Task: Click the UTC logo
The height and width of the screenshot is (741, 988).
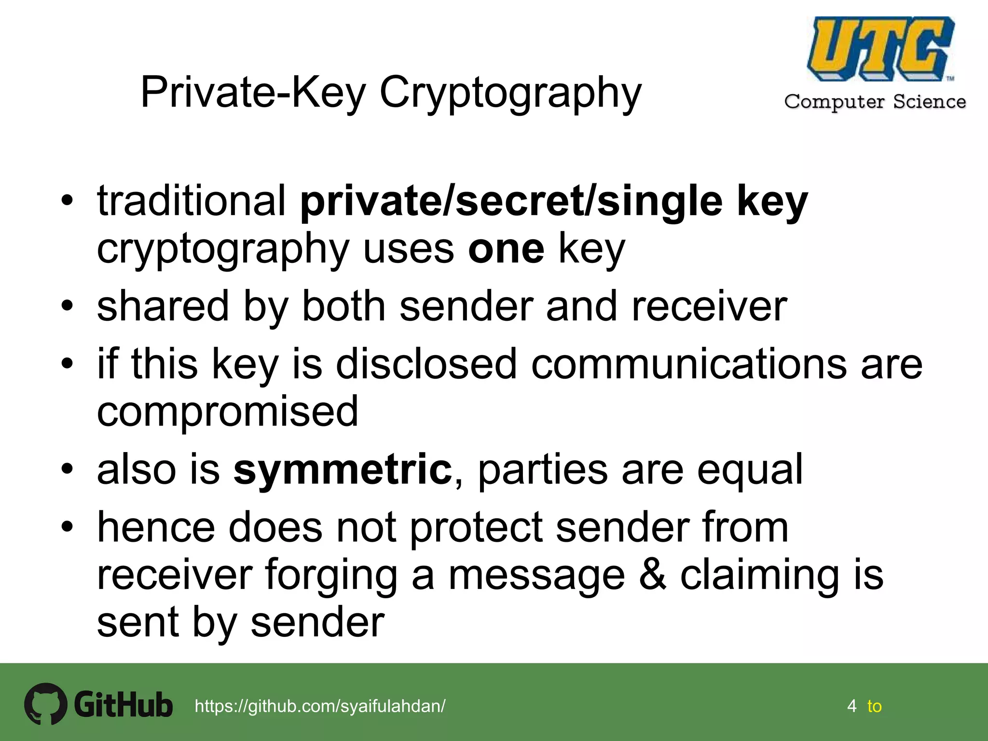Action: (x=880, y=49)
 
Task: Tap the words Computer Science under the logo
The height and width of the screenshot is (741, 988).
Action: (x=875, y=102)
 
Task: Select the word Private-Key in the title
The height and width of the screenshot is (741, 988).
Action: (x=253, y=92)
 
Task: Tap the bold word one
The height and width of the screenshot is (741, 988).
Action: (x=506, y=249)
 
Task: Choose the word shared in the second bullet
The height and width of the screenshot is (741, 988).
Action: (x=163, y=306)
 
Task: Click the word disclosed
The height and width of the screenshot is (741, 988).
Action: (x=426, y=364)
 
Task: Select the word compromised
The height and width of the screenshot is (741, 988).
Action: (x=228, y=411)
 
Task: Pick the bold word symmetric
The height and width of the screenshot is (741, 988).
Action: (x=343, y=469)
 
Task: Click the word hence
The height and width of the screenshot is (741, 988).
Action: (x=156, y=527)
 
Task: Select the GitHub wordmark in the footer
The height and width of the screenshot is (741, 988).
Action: (x=123, y=705)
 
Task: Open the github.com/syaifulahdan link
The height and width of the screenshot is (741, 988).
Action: (x=320, y=706)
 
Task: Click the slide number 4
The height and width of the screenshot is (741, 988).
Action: (x=851, y=706)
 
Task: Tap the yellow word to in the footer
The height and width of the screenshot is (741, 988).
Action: (x=874, y=706)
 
